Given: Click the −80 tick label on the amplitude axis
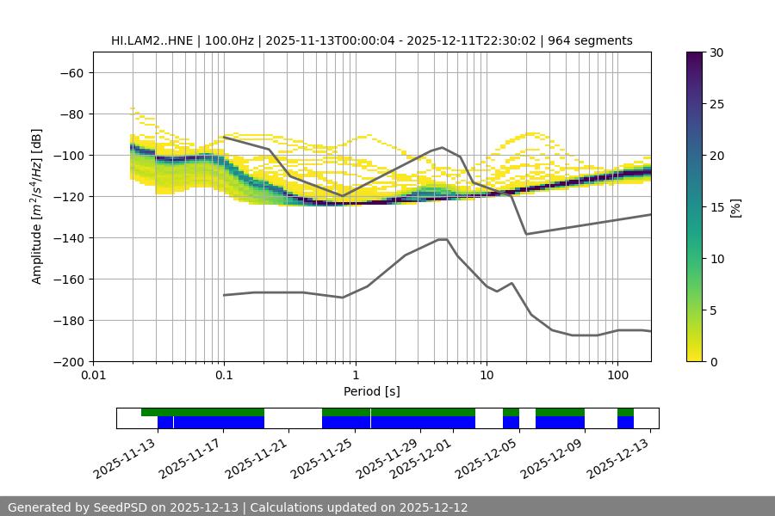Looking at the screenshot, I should point(71,114).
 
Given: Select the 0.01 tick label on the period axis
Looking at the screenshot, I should point(93,377).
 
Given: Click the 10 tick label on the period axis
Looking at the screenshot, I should point(486,377).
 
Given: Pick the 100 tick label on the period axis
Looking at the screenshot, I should point(617,377).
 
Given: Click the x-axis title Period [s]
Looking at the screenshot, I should point(372,391).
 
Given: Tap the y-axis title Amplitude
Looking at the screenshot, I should point(37,206).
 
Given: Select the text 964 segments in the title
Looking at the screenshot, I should point(593,40).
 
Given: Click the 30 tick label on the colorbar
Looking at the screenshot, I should point(716,52).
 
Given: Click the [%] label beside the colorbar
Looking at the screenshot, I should point(735,207).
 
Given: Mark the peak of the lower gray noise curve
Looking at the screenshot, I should point(443,239).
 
